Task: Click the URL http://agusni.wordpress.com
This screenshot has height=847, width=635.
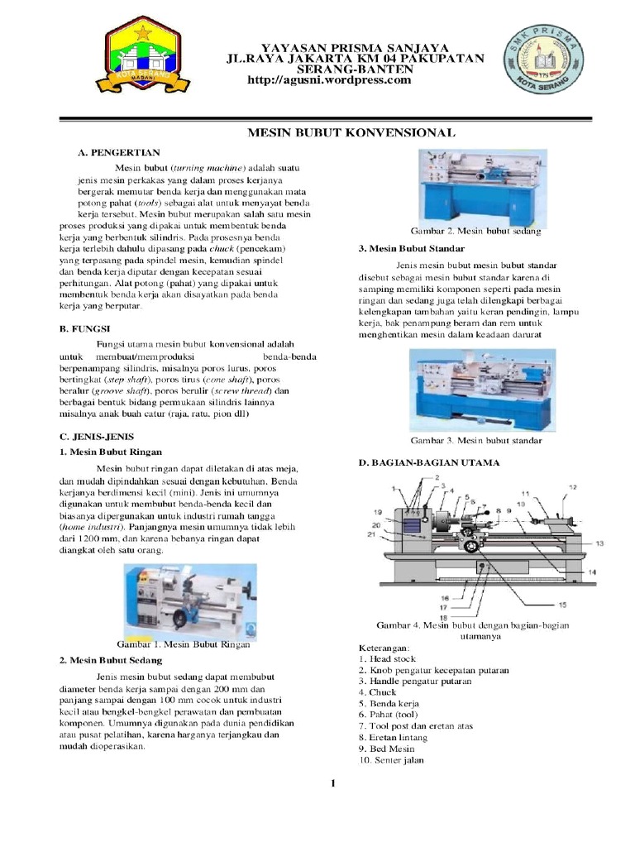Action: pyautogui.click(x=330, y=80)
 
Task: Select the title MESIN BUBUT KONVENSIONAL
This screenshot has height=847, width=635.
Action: pyautogui.click(x=351, y=132)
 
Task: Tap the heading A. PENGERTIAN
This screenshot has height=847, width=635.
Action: pyautogui.click(x=119, y=153)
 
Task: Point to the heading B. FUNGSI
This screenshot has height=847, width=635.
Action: pyautogui.click(x=85, y=328)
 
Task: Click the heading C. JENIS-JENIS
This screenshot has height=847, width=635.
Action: pyautogui.click(x=97, y=436)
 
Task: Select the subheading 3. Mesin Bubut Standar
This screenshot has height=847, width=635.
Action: pyautogui.click(x=412, y=248)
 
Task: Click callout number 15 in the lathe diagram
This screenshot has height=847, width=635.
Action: pyautogui.click(x=562, y=605)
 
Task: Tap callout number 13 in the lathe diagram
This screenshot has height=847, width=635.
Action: pyautogui.click(x=599, y=543)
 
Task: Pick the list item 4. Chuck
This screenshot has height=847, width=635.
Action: pyautogui.click(x=377, y=692)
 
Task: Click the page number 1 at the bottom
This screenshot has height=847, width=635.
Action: pyautogui.click(x=331, y=783)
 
